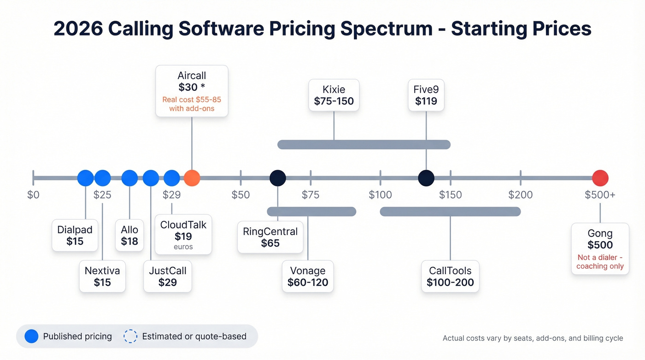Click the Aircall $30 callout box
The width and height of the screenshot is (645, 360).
[192, 91]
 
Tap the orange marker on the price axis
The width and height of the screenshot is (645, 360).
[192, 178]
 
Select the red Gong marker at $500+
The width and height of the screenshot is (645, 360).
[600, 178]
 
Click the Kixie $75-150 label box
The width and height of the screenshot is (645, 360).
[334, 95]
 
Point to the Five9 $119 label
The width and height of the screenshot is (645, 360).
[426, 95]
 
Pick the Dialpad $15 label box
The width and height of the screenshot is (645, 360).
[75, 235]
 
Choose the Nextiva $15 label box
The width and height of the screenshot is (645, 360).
[102, 277]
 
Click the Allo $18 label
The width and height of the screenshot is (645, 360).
[129, 235]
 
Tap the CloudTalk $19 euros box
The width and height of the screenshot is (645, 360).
[183, 235]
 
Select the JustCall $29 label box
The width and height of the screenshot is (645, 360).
[167, 277]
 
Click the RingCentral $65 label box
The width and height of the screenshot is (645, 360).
[270, 237]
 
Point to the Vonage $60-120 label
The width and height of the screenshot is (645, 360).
[307, 277]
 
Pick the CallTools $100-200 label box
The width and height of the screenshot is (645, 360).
[450, 277]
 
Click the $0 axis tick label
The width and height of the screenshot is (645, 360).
[33, 195]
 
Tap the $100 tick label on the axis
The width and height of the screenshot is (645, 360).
[380, 195]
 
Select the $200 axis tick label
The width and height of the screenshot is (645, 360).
[520, 195]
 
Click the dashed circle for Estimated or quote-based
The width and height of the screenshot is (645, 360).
[130, 336]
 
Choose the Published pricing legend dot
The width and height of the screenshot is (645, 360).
[31, 336]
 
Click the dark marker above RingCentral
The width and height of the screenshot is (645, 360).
[277, 178]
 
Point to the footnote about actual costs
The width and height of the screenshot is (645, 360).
[533, 338]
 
